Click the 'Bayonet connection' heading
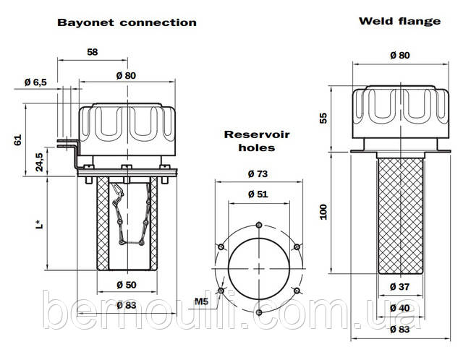click(x=127, y=22)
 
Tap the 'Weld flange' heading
click(x=399, y=20)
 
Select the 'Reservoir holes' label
click(x=248, y=141)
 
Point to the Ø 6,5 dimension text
click(x=35, y=82)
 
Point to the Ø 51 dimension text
click(x=258, y=194)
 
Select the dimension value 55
click(x=324, y=117)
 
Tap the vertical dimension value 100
click(x=324, y=211)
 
